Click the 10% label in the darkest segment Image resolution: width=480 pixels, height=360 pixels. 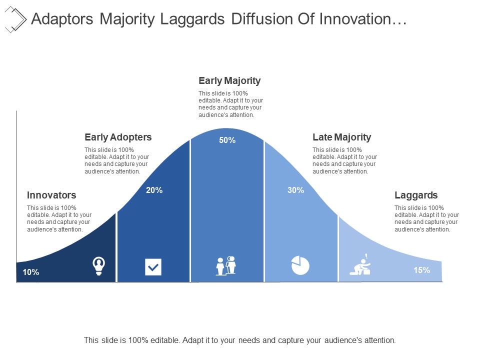pyautogui.click(x=31, y=272)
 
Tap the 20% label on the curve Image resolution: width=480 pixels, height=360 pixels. pyautogui.click(x=154, y=190)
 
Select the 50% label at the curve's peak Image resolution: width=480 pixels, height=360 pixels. pyautogui.click(x=227, y=140)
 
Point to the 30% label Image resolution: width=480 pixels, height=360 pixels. pyautogui.click(x=296, y=190)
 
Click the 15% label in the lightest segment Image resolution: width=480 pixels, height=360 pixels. pyautogui.click(x=421, y=270)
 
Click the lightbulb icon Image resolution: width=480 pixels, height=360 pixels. pyautogui.click(x=99, y=265)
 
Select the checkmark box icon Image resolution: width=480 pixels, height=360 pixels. pyautogui.click(x=153, y=267)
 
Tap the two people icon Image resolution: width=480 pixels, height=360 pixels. pyautogui.click(x=226, y=265)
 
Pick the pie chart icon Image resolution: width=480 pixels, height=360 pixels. pyautogui.click(x=300, y=265)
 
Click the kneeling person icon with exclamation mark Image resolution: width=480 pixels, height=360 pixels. pyautogui.click(x=361, y=265)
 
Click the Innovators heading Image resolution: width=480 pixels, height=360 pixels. pyautogui.click(x=51, y=195)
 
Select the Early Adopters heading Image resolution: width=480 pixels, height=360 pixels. pyautogui.click(x=118, y=137)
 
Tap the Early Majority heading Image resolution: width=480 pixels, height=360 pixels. pyautogui.click(x=229, y=80)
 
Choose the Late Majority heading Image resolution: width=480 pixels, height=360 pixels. pyautogui.click(x=341, y=137)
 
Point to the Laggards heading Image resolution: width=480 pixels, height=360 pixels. pyautogui.click(x=416, y=195)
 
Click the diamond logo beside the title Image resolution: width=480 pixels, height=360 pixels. pyautogui.click(x=15, y=19)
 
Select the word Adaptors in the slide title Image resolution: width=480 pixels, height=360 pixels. pyautogui.click(x=61, y=19)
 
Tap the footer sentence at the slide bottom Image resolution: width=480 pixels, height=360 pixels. pyautogui.click(x=240, y=340)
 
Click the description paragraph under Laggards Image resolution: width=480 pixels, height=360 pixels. pyautogui.click(x=426, y=218)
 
